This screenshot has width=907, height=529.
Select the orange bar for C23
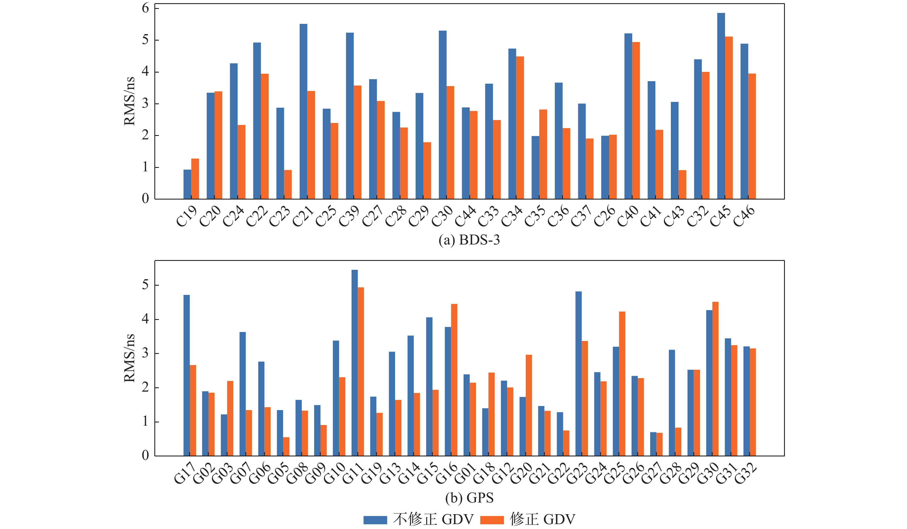point(288,184)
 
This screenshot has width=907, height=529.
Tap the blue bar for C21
point(303,111)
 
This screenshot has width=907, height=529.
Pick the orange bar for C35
point(543,154)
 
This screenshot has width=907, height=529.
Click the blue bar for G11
point(354,363)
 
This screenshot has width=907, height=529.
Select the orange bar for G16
point(454,380)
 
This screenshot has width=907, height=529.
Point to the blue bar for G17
point(187,375)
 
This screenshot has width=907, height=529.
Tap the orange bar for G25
point(622,384)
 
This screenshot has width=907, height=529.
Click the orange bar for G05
point(286,446)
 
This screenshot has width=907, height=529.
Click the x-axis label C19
point(187,216)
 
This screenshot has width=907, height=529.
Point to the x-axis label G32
point(745,474)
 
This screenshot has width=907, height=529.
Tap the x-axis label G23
point(577,474)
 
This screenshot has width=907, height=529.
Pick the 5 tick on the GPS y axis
point(145,285)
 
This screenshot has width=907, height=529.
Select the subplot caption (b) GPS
point(469,498)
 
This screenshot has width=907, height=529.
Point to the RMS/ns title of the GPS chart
point(129,358)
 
